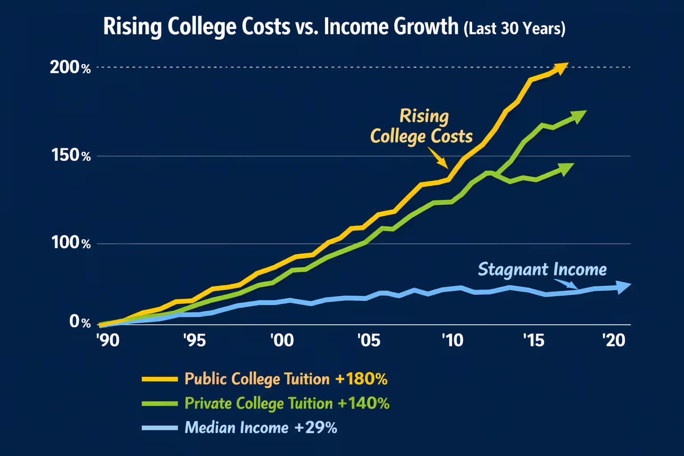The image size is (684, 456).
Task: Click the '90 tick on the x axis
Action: click(108, 340)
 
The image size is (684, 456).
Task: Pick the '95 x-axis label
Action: click(195, 340)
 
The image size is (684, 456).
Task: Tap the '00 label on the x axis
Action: click(282, 340)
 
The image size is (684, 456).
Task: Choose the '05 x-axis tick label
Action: click(369, 340)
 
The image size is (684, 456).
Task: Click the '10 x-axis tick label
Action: click(452, 340)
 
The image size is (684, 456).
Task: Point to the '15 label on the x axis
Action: click(533, 340)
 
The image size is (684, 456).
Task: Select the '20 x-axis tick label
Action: click(614, 340)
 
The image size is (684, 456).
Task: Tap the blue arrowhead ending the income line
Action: click(623, 286)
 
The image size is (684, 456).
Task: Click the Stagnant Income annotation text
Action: click(542, 269)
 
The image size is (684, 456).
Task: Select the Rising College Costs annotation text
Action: click(422, 126)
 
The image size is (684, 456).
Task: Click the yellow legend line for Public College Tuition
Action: click(159, 379)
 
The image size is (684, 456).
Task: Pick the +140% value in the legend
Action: click(363, 403)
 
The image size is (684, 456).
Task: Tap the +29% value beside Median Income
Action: click(315, 427)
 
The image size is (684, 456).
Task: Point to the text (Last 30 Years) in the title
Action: click(514, 28)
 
